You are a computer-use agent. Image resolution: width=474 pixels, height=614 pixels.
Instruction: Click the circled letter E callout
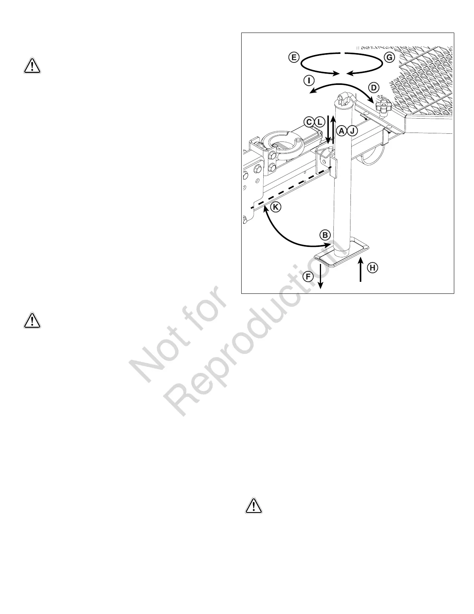294,58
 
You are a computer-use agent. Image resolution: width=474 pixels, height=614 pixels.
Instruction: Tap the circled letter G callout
389,58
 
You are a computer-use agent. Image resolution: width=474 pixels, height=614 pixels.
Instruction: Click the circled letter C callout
309,122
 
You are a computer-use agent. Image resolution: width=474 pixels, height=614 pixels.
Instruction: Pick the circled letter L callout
319,122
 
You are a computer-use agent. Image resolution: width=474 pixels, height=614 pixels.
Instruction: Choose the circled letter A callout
341,131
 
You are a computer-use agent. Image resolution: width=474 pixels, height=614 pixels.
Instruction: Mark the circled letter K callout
275,207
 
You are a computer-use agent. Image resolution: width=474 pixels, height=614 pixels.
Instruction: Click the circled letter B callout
325,235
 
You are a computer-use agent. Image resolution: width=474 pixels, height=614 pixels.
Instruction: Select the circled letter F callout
309,276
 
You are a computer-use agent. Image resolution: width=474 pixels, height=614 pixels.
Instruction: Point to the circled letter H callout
373,267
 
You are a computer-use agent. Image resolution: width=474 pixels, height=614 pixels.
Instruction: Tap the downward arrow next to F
320,276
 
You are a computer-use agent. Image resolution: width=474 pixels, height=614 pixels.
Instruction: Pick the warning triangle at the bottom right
254,506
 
